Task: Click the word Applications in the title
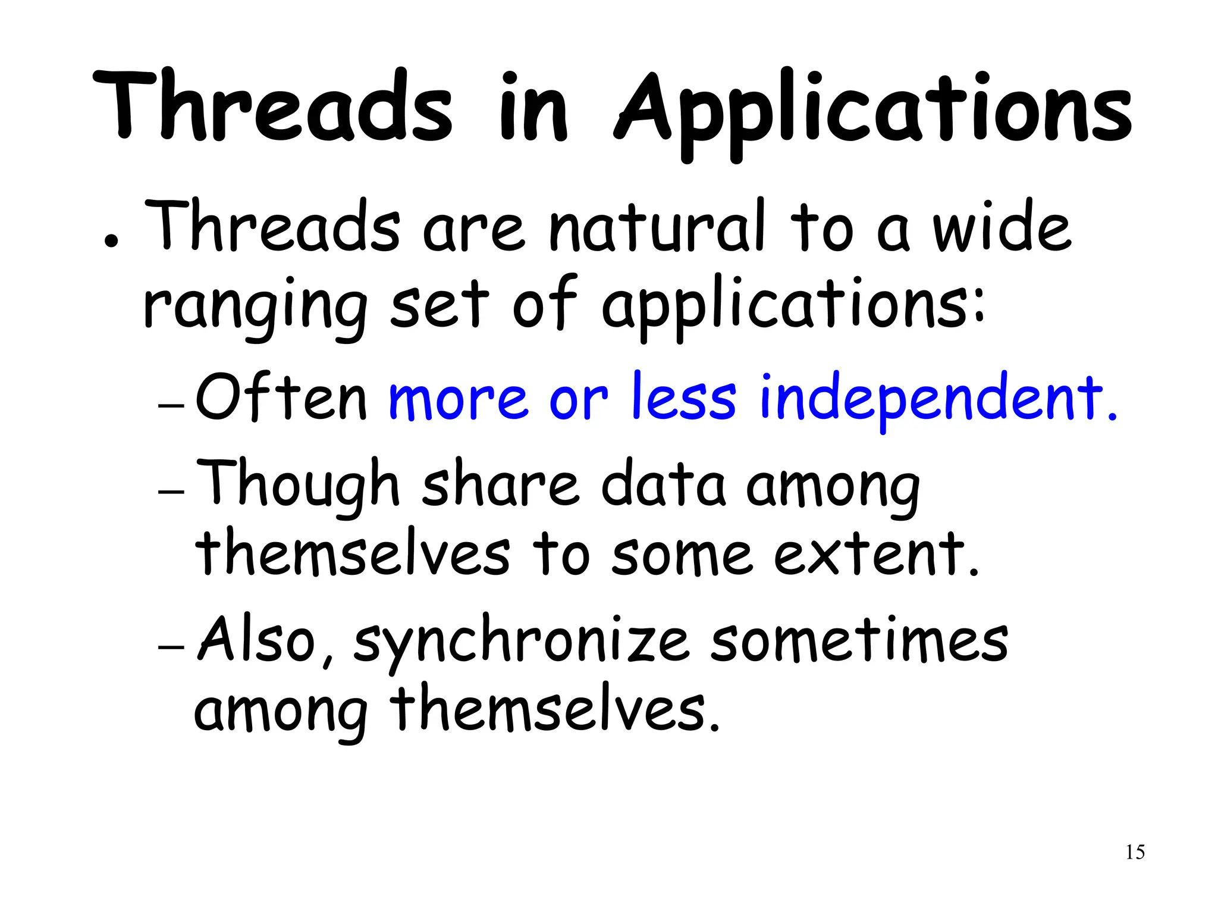(x=873, y=113)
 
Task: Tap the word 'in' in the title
(x=533, y=110)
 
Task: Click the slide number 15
(x=1135, y=852)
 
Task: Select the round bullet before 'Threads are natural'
(x=111, y=240)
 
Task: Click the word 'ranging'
(x=255, y=306)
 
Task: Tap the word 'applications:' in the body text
(x=793, y=306)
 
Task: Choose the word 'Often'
(x=281, y=397)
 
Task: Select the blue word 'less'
(x=683, y=397)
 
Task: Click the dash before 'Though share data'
(x=171, y=492)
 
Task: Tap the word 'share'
(x=500, y=485)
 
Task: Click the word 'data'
(x=663, y=485)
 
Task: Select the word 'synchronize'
(x=521, y=643)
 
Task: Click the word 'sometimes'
(x=859, y=640)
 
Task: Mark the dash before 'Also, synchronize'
(x=171, y=647)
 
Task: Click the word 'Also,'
(x=265, y=640)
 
